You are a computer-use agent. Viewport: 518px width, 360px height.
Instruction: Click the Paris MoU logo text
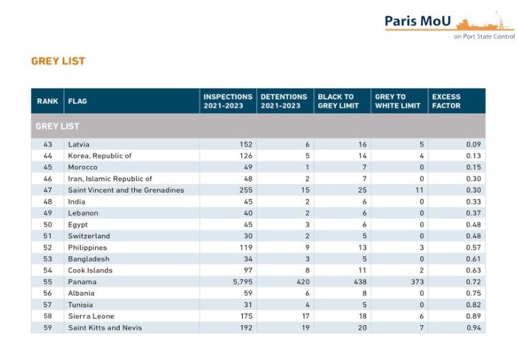417,21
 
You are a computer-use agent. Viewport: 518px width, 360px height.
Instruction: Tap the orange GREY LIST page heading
58,61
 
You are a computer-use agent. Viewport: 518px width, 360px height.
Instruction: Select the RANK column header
48,101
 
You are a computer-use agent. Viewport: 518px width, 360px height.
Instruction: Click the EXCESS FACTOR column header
446,101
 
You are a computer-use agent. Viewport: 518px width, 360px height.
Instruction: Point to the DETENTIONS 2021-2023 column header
284,101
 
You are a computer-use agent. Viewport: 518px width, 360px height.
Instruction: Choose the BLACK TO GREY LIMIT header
338,101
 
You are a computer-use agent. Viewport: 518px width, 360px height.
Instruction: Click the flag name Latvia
79,144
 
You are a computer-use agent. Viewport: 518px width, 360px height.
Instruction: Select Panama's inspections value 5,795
242,282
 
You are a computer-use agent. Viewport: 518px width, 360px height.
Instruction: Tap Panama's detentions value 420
303,282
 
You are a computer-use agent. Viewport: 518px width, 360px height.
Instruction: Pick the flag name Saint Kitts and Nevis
105,328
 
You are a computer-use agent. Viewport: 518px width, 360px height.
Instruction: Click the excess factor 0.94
474,328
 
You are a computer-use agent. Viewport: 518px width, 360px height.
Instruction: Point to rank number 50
48,224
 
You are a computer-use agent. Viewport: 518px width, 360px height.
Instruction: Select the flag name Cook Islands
90,270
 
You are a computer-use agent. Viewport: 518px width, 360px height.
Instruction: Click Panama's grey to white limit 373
417,282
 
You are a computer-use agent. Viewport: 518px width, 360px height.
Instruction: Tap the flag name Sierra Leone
91,316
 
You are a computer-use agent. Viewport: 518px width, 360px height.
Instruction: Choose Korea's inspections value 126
246,155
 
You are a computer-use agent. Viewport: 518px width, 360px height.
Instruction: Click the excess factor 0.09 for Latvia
474,144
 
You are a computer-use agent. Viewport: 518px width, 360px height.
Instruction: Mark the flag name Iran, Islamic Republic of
110,179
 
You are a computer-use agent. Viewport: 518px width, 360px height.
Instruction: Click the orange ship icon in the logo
483,23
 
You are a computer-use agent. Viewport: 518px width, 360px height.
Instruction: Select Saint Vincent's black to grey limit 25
363,190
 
